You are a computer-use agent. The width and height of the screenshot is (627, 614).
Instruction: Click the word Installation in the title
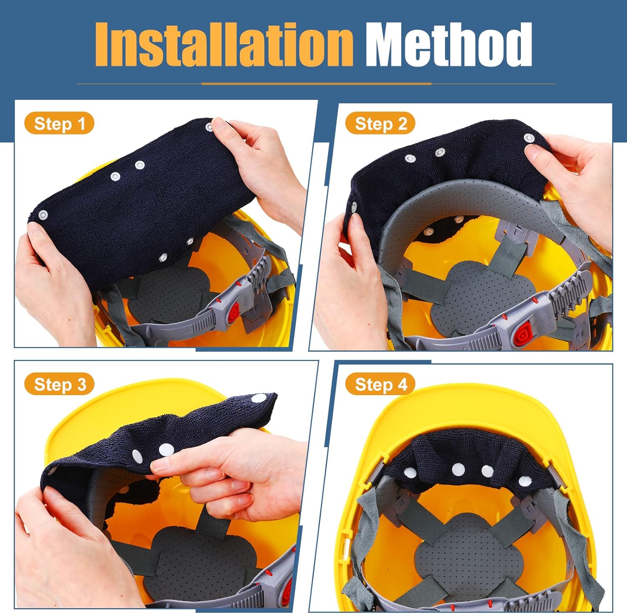coord(224,45)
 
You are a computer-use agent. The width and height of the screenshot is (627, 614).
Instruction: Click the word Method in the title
coord(449,45)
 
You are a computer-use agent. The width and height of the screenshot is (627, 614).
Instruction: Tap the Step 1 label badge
coord(59,124)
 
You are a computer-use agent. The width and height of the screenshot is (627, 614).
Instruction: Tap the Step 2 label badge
coord(380,124)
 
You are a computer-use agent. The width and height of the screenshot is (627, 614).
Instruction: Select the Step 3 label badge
coord(59,384)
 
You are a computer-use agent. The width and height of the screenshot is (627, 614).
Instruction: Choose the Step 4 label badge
coord(380,384)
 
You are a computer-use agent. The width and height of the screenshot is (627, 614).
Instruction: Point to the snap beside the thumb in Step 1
coord(209,127)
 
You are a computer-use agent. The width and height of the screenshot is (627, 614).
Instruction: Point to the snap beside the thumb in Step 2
coord(529,138)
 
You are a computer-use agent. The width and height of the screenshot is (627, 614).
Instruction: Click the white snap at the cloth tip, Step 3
coord(260,398)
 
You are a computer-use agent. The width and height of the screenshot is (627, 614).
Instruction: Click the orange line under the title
coord(316,84)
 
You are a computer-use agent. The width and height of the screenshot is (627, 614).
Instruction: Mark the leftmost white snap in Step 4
coord(410,472)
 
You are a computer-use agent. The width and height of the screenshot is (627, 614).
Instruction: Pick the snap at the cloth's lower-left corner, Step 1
coord(42,216)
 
